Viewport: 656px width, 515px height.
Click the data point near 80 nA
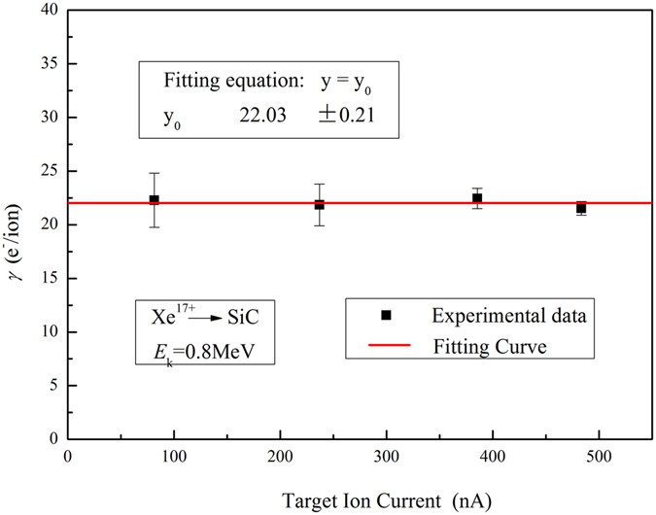click(x=154, y=199)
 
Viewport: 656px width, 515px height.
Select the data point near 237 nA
click(x=319, y=204)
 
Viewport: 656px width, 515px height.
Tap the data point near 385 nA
click(x=476, y=198)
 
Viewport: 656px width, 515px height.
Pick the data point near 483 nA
click(x=581, y=208)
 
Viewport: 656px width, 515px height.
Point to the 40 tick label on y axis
click(x=47, y=10)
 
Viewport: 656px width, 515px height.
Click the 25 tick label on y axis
click(x=47, y=171)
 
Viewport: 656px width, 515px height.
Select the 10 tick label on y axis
click(x=47, y=332)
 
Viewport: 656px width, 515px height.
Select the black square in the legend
click(x=385, y=315)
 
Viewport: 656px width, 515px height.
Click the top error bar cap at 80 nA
click(x=154, y=173)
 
